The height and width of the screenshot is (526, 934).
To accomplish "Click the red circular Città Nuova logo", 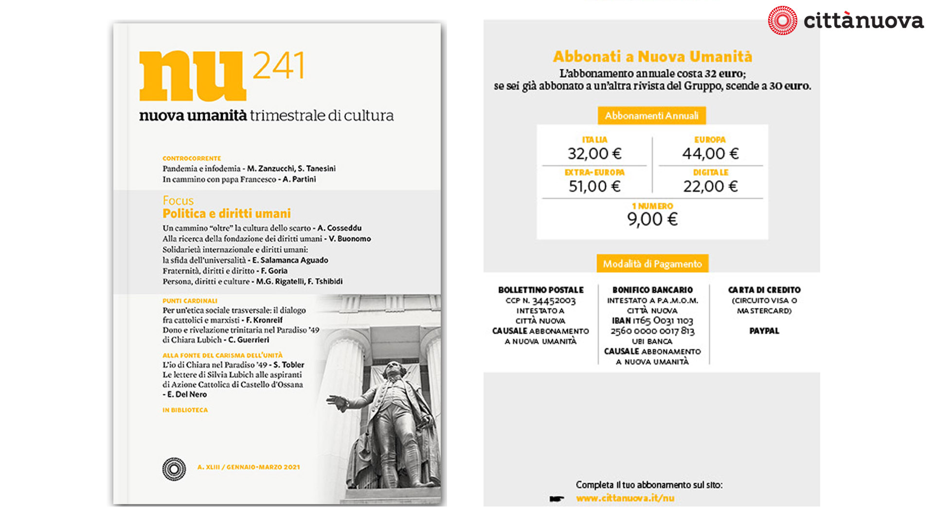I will tap(782, 20).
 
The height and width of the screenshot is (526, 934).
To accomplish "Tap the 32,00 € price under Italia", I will tap(594, 154).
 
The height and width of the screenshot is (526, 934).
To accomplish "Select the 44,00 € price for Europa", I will tap(710, 154).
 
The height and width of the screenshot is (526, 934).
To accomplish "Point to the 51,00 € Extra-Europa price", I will tap(594, 187).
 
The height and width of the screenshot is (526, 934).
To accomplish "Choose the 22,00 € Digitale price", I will tap(710, 187).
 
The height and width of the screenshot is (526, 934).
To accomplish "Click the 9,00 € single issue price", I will tap(652, 219).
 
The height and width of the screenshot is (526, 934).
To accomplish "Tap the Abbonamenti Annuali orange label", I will tap(651, 116).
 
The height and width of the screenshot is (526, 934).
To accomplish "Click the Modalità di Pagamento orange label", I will tap(652, 264).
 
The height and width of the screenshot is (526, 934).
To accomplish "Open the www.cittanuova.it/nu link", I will tap(625, 498).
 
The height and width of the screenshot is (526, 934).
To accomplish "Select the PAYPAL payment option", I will tap(764, 331).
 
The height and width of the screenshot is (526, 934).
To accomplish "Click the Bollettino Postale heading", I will tap(540, 290).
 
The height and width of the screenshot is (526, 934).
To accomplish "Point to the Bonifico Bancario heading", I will tap(652, 290).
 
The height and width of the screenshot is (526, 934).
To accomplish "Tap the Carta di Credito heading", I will tap(764, 290).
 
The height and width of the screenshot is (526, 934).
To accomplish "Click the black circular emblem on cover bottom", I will tap(174, 469).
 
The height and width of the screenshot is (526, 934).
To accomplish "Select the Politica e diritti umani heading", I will tap(226, 214).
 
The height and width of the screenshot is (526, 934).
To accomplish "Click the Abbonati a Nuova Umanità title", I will tap(652, 56).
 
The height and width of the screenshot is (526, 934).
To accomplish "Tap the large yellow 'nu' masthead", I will tap(192, 76).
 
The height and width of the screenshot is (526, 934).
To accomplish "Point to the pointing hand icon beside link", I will tap(557, 499).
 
